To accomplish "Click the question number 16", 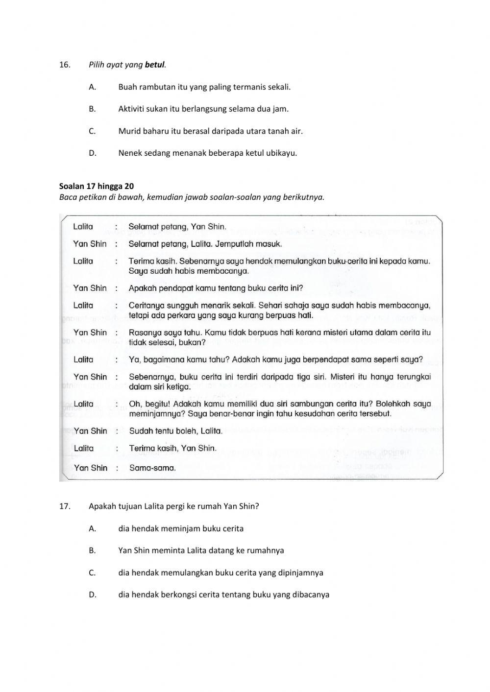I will pyautogui.click(x=65, y=65).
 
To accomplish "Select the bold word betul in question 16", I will pyautogui.click(x=155, y=65).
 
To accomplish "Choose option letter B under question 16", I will pyautogui.click(x=92, y=109).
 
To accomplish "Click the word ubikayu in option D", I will pyautogui.click(x=281, y=153).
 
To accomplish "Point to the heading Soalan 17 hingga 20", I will pyautogui.click(x=97, y=186).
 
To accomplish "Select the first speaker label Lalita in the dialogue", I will pyautogui.click(x=83, y=227).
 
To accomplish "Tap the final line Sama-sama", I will pyautogui.click(x=152, y=468).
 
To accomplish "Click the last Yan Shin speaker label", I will pyautogui.click(x=90, y=468).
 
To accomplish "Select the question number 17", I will pyautogui.click(x=65, y=506).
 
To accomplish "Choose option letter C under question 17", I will pyautogui.click(x=92, y=573).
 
